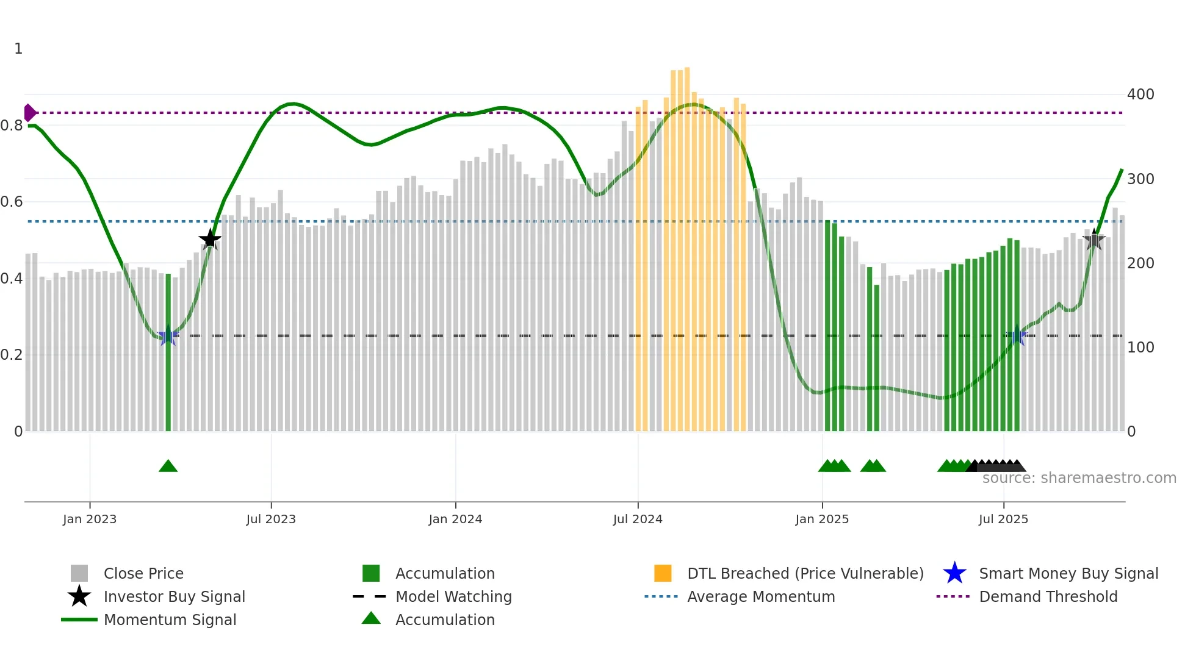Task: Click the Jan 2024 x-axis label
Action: [x=455, y=519]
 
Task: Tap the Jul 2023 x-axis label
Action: [x=271, y=519]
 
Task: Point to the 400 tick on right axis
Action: [x=1140, y=95]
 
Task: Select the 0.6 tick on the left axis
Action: [x=12, y=202]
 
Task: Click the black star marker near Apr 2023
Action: [x=210, y=239]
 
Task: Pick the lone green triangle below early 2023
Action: [x=168, y=466]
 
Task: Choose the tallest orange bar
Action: [x=687, y=244]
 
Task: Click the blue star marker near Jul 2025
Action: [x=1017, y=337]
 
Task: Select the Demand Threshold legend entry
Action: [x=1048, y=596]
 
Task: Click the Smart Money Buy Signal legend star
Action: [x=954, y=573]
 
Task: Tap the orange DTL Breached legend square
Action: [x=663, y=573]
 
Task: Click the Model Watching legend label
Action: [x=453, y=596]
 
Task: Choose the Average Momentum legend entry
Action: [x=760, y=596]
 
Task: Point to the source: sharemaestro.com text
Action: [x=1079, y=478]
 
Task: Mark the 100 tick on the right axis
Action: [x=1140, y=348]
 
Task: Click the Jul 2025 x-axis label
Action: [x=1003, y=519]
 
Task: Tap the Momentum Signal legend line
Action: [x=79, y=620]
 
